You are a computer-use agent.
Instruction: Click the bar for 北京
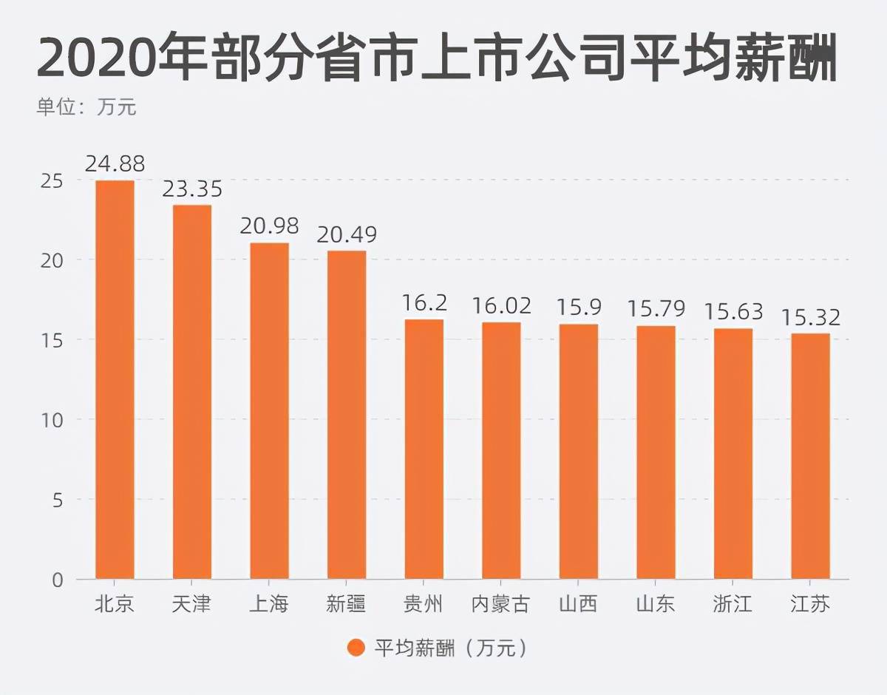pyautogui.click(x=115, y=379)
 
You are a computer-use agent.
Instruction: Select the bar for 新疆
pyautogui.click(x=347, y=415)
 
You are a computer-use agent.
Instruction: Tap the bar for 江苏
pyautogui.click(x=810, y=456)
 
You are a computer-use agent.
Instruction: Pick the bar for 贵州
pyautogui.click(x=424, y=449)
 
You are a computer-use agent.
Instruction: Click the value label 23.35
pyautogui.click(x=192, y=189)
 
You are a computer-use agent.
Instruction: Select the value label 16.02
pyautogui.click(x=501, y=306)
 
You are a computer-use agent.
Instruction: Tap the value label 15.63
pyautogui.click(x=733, y=312)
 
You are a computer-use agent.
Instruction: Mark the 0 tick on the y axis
pyautogui.click(x=57, y=580)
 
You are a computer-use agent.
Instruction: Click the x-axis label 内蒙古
pyautogui.click(x=501, y=605)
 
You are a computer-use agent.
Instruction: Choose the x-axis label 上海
pyautogui.click(x=269, y=605)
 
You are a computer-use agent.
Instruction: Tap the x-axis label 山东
pyautogui.click(x=656, y=605)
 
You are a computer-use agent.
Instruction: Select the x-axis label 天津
pyautogui.click(x=192, y=605)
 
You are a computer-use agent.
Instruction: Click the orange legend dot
pyautogui.click(x=356, y=648)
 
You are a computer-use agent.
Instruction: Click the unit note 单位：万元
pyautogui.click(x=86, y=107)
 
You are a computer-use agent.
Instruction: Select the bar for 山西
pyautogui.click(x=579, y=452)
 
